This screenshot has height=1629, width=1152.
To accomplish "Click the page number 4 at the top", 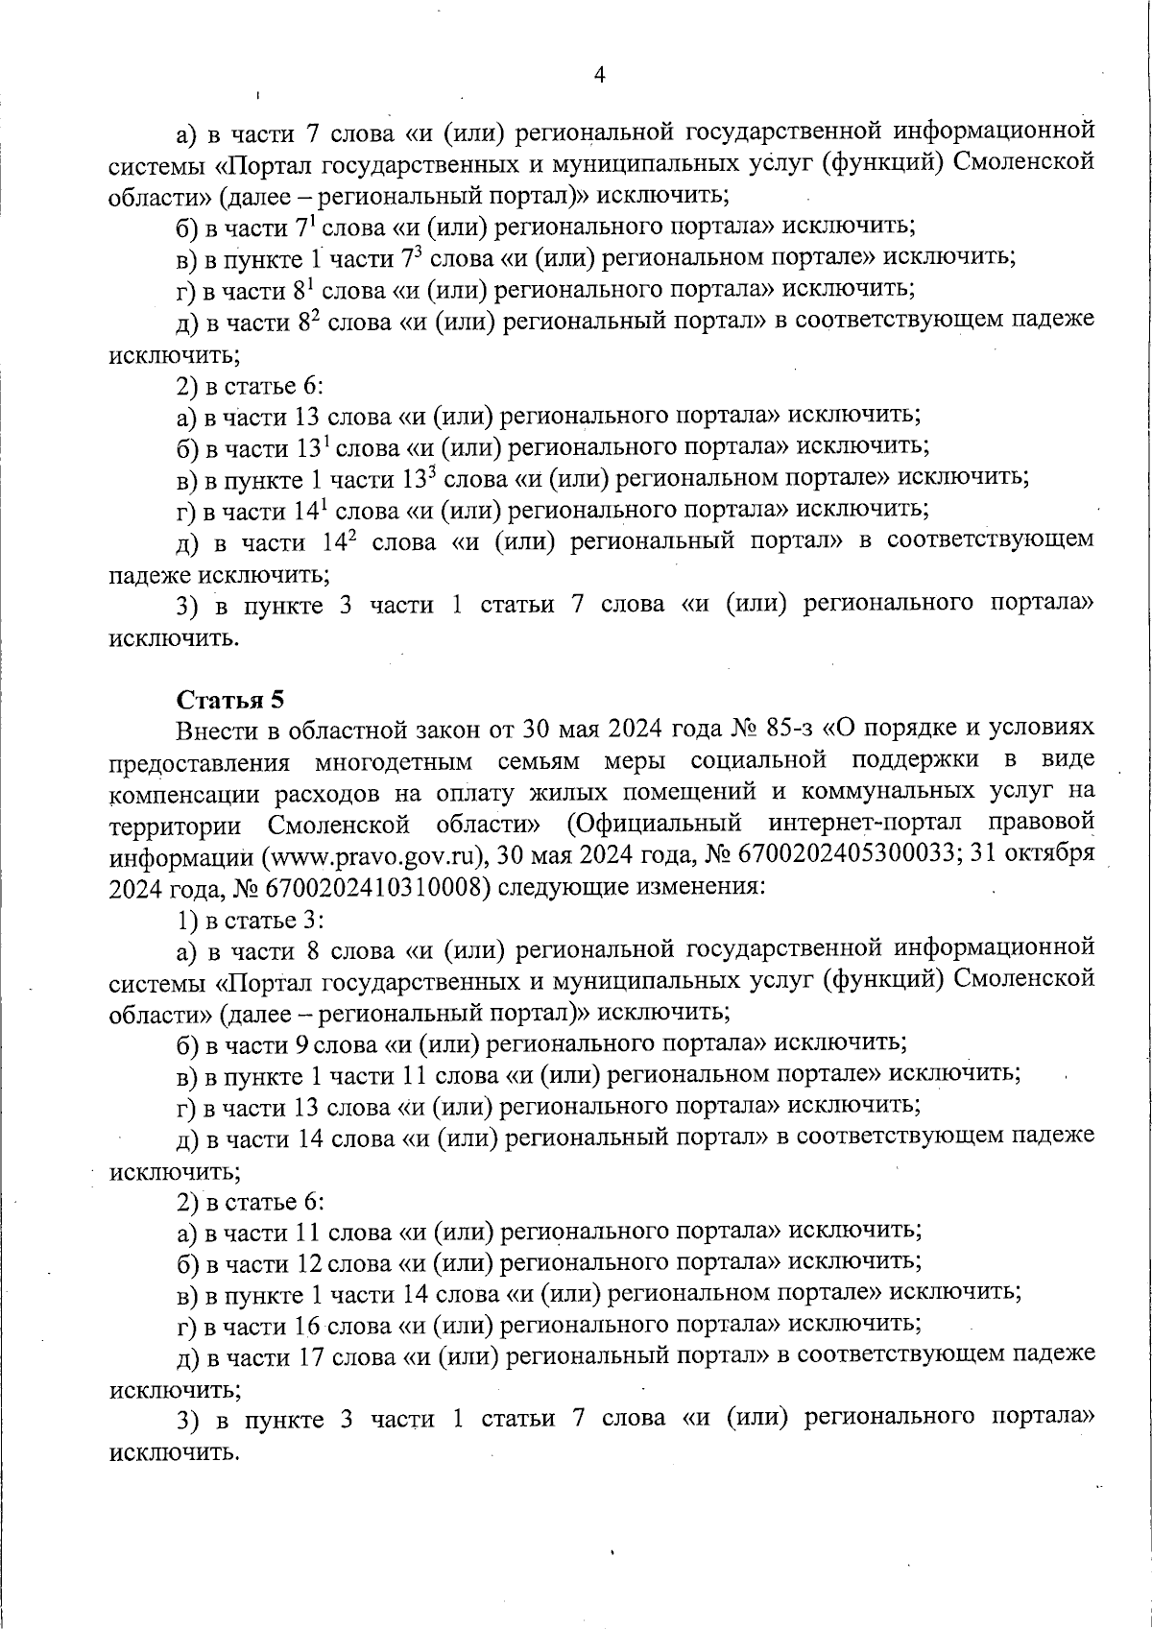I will click(x=599, y=76).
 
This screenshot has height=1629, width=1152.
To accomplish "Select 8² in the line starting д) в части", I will click(x=307, y=322).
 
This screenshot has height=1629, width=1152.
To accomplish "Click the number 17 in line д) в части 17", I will click(x=305, y=1355).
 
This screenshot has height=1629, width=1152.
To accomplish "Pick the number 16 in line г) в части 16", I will click(x=305, y=1325).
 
